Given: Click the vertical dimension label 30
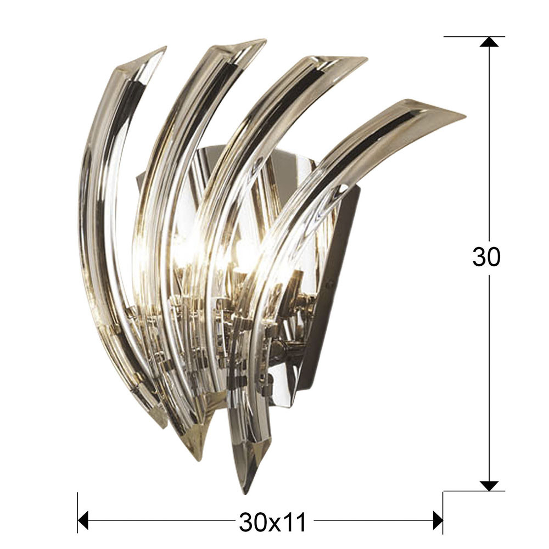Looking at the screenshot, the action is [x=486, y=256].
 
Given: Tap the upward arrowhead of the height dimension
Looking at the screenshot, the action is [x=489, y=42].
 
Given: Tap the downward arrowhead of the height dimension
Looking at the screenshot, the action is [x=489, y=486].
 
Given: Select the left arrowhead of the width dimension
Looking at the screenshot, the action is [x=83, y=520].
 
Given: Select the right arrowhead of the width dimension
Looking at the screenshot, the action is [x=438, y=520].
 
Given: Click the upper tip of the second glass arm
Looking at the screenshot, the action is [x=265, y=41].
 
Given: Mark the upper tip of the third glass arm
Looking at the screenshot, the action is [x=366, y=58].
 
